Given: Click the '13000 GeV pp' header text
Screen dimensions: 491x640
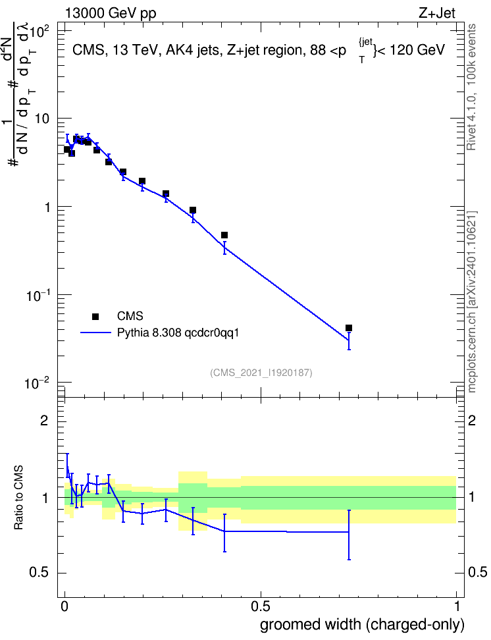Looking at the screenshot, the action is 111,13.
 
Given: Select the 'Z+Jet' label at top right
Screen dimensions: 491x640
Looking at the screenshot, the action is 437,13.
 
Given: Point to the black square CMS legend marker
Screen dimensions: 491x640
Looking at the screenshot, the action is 95,316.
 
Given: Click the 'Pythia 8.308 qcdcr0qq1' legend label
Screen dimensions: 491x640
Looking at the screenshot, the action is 178,333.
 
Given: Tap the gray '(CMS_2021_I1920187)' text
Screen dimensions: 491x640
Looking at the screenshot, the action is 261,373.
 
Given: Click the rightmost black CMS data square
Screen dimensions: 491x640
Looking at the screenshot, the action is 349,328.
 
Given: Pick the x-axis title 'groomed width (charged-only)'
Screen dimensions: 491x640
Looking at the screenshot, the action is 362,624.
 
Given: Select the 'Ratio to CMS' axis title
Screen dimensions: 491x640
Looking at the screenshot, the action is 18,498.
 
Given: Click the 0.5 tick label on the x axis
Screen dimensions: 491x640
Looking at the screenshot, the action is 261,606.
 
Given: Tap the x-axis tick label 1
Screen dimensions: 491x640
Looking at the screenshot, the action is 457,606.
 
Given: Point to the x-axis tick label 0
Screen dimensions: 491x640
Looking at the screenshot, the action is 65,606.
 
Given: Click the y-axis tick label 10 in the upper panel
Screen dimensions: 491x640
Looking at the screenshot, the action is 42,119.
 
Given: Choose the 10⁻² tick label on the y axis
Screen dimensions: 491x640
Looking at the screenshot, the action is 37,384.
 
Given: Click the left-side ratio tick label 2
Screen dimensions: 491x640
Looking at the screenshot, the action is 44,420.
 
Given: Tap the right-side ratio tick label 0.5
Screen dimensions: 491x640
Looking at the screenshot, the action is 477,572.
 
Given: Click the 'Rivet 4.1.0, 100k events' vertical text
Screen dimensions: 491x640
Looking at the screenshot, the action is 471,87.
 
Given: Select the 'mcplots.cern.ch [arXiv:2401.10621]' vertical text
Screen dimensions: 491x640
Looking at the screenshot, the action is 472,302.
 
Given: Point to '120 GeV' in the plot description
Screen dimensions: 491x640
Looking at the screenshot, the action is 417,50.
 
